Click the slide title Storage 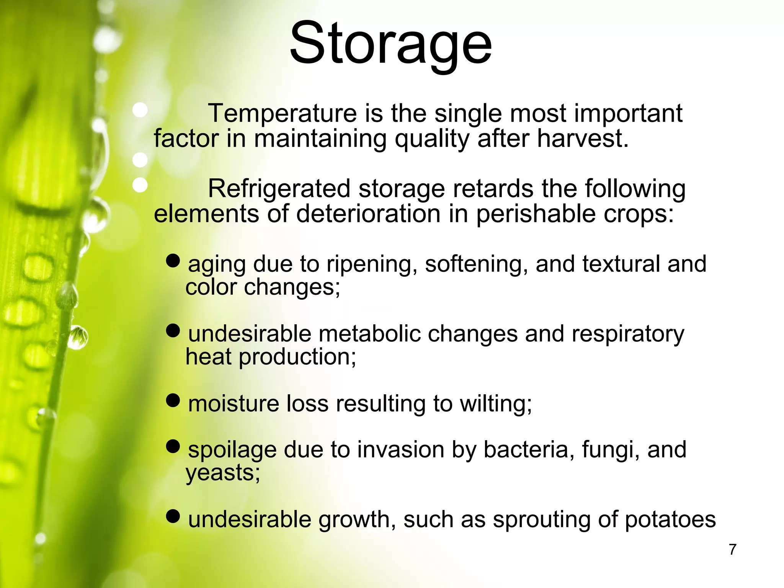(390, 44)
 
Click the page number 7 (732, 550)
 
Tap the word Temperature (283, 113)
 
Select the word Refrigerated (279, 189)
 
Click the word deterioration (368, 213)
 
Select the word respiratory (628, 334)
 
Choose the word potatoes (670, 519)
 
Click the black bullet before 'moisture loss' (173, 400)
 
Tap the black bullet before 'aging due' (173, 261)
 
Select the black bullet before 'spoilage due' (173, 446)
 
